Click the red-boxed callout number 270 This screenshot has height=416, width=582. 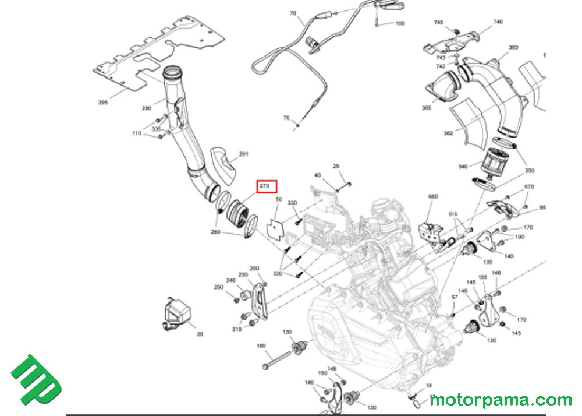[268, 187]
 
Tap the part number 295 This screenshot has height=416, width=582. [103, 103]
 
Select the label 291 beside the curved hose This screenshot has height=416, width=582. [243, 154]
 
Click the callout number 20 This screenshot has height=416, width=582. [200, 334]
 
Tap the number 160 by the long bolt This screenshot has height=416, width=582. [261, 346]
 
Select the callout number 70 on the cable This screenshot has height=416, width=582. [293, 13]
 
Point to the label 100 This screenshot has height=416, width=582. [400, 24]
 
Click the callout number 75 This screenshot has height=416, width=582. [286, 118]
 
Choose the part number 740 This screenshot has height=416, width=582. [498, 22]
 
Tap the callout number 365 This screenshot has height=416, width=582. [427, 108]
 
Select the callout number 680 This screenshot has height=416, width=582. [433, 197]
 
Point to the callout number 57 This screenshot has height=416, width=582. [455, 298]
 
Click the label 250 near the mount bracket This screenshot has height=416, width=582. [218, 287]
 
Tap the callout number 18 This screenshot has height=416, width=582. [429, 385]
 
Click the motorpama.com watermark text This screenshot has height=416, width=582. [501, 400]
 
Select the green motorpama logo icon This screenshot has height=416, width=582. [36, 379]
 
